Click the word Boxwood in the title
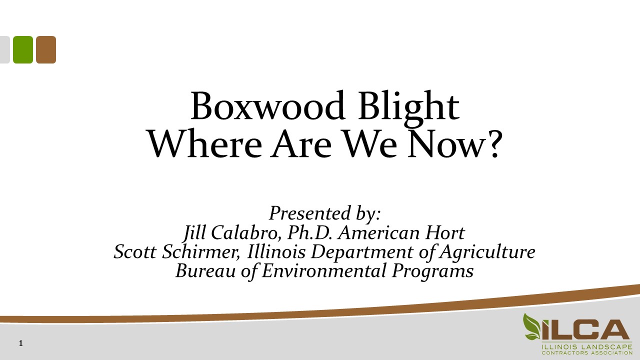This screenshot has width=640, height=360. [x=267, y=105]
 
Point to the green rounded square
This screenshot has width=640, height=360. [x=23, y=49]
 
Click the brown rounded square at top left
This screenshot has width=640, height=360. [x=46, y=49]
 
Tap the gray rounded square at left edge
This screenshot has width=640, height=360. [x=5, y=49]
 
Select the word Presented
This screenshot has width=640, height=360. [x=310, y=213]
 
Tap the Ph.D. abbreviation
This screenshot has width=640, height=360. [x=310, y=232]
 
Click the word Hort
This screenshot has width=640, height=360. [x=445, y=233]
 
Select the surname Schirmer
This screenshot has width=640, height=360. [x=201, y=252]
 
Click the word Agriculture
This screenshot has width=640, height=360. [x=487, y=252]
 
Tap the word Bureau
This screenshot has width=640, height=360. [x=205, y=271]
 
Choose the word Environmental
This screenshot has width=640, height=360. [x=324, y=271]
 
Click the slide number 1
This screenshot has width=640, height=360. [x=20, y=343]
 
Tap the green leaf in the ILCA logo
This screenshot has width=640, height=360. [x=532, y=327]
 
